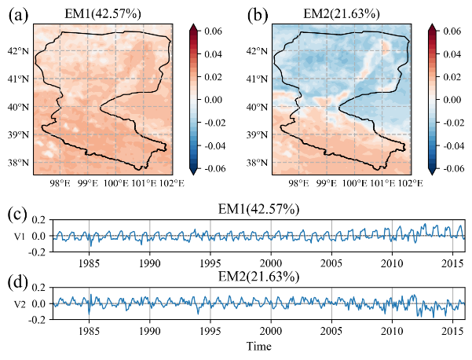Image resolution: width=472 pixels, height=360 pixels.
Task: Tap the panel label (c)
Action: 17,213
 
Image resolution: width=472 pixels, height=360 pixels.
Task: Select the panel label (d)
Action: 18,281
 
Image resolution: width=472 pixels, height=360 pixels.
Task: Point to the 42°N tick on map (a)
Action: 18,50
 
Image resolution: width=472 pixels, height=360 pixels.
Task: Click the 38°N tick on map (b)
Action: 255,163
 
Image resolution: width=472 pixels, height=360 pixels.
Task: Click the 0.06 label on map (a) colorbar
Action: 216,32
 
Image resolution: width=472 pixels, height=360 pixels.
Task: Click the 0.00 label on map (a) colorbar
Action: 216,100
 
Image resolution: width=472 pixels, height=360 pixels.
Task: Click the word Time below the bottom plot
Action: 258,347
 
